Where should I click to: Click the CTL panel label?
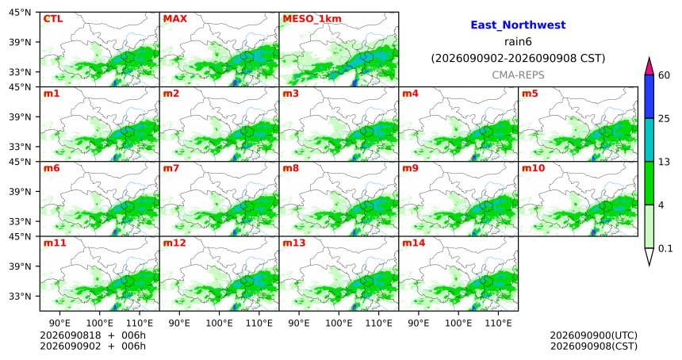pos(52,19)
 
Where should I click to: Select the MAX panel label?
pos(174,19)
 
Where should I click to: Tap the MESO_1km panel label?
pos(312,19)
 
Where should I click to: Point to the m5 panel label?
pos(529,94)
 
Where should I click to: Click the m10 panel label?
pos(533,168)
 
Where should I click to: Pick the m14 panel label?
pos(413,243)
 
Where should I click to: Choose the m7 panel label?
pos(171,168)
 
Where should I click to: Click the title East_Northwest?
pos(518,25)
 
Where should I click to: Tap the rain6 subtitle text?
pos(518,42)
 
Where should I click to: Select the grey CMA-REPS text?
pos(518,75)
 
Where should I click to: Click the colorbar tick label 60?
pos(664,75)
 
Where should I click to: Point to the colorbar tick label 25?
pos(664,119)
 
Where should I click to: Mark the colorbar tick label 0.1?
pos(665,249)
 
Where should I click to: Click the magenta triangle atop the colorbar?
pos(649,67)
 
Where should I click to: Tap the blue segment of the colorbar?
pos(649,97)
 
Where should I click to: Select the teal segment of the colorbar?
pos(649,140)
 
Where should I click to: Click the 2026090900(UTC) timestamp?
pos(594,335)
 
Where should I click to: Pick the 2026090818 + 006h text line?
pos(93,335)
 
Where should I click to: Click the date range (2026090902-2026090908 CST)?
pos(518,58)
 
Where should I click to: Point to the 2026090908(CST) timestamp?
pos(594,347)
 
